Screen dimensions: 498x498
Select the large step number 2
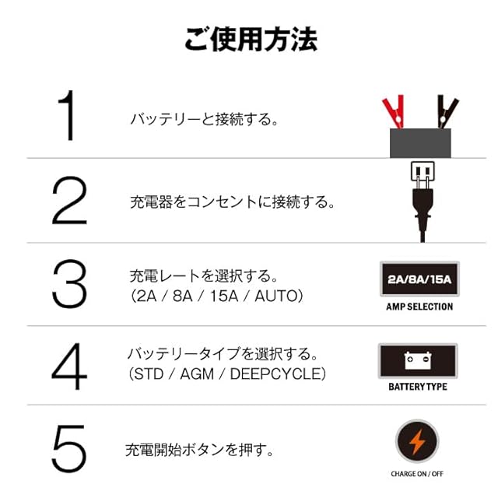pos(69,201)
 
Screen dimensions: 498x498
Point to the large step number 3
pos(69,285)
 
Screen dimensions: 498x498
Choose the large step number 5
pos(69,450)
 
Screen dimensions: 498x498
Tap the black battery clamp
pos(444,113)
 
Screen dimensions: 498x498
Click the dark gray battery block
pos(421,142)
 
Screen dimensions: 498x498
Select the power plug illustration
pos(420,195)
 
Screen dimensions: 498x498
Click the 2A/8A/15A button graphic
pos(419,279)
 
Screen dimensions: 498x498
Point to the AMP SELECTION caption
pos(419,307)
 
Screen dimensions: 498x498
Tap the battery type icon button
pos(418,361)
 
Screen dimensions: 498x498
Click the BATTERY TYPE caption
pos(418,387)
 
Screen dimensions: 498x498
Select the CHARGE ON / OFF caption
pos(417,473)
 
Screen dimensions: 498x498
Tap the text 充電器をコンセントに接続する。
pos(232,202)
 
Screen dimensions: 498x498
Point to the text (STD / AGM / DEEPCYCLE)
pos(226,374)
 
